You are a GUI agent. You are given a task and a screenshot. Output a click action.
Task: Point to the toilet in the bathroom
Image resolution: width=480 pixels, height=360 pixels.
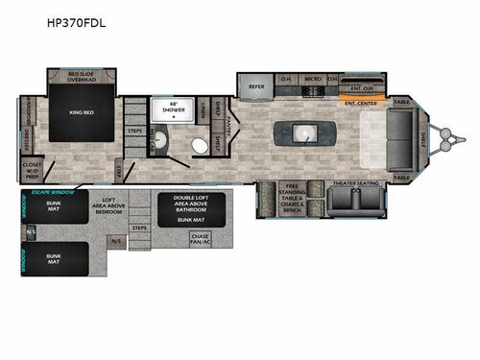point(200,146)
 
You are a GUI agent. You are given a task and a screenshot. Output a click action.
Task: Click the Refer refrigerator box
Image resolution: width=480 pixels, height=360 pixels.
point(256,85)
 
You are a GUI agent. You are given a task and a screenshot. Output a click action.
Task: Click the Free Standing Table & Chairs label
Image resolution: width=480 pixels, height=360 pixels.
point(293,199)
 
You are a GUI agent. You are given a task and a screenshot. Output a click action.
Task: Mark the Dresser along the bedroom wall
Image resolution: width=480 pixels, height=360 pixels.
point(26,142)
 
